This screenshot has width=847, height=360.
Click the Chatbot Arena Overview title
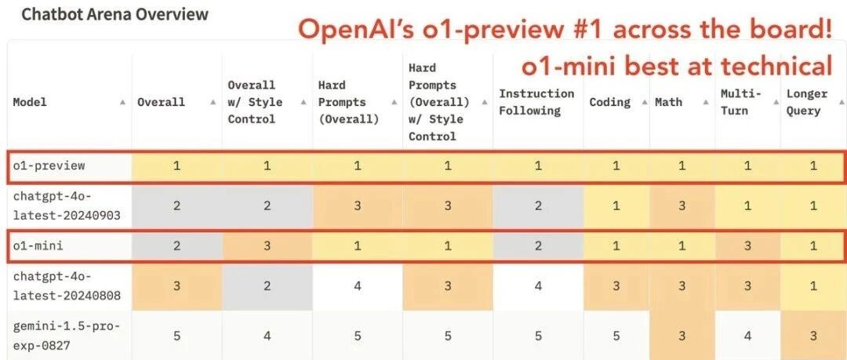115,14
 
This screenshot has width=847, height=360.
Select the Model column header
30,102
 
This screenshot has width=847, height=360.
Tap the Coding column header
609,102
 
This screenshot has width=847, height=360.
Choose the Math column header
668,102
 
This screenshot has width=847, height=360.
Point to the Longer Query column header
806,102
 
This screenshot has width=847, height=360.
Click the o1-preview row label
49,165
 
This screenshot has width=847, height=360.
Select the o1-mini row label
38,245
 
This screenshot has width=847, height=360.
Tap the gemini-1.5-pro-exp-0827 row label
67,335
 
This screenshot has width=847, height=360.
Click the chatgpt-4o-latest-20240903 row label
67,205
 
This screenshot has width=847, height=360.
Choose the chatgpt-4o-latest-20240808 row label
67,286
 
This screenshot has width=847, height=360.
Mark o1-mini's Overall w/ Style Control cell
267,246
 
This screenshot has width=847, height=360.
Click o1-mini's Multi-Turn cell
747,246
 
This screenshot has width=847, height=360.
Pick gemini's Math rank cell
682,336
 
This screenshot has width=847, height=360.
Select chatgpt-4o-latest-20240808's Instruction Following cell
538,286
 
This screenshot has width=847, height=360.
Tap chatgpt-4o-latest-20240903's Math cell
682,206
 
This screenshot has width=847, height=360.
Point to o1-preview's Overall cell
176,166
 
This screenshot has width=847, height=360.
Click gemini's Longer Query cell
813,336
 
